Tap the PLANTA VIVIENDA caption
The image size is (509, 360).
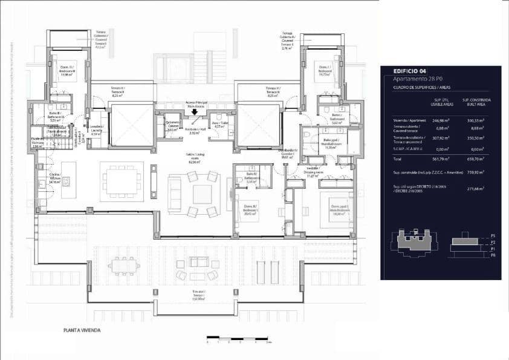pyautogui.click(x=82, y=330)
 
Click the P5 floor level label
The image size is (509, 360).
pyautogui.click(x=493, y=235)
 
